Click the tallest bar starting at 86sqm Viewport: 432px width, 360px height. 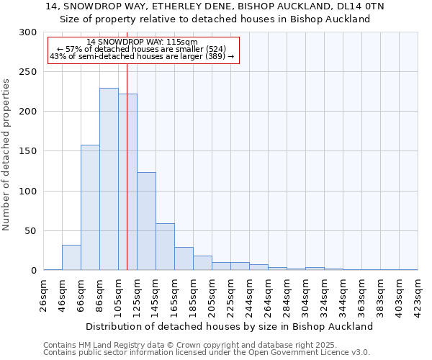click(109, 179)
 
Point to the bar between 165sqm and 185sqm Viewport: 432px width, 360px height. click(184, 258)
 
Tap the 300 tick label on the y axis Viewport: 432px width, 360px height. click(28, 32)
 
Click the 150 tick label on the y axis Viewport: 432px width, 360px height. click(28, 151)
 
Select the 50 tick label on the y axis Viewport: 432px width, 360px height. click(31, 231)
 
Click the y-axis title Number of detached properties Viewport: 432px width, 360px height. click(7, 155)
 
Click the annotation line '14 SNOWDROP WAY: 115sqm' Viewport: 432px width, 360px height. click(141, 42)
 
